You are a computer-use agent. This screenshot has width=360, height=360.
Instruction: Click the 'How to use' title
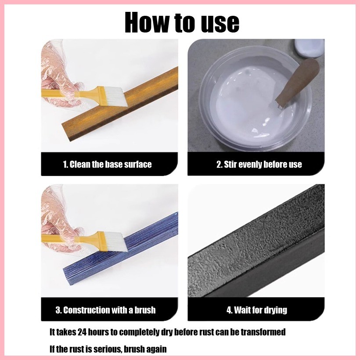[x=182, y=22]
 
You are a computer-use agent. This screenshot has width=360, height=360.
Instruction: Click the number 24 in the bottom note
[x=82, y=332]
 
